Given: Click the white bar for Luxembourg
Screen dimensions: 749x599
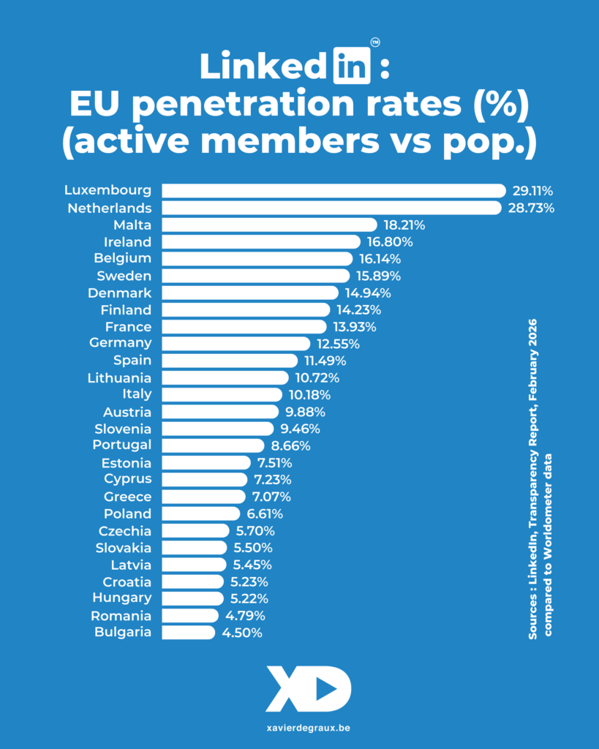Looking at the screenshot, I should click(333, 191).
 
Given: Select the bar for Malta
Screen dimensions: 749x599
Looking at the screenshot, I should click(269, 225).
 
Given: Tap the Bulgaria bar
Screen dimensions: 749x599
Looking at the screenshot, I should click(188, 633).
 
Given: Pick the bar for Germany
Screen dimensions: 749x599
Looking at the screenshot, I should click(236, 343).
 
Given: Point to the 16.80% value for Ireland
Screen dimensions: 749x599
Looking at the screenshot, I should click(390, 241).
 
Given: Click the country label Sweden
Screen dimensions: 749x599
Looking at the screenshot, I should click(124, 276).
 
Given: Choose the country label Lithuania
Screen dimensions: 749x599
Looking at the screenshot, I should click(119, 377).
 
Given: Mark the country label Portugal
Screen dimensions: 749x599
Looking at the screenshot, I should click(122, 445).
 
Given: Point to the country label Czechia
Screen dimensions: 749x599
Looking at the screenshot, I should click(125, 530).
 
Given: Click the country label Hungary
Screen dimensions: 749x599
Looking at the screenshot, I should click(122, 598).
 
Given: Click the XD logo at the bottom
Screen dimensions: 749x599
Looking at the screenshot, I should click(308, 689).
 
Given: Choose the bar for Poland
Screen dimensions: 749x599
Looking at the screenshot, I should click(200, 513).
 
